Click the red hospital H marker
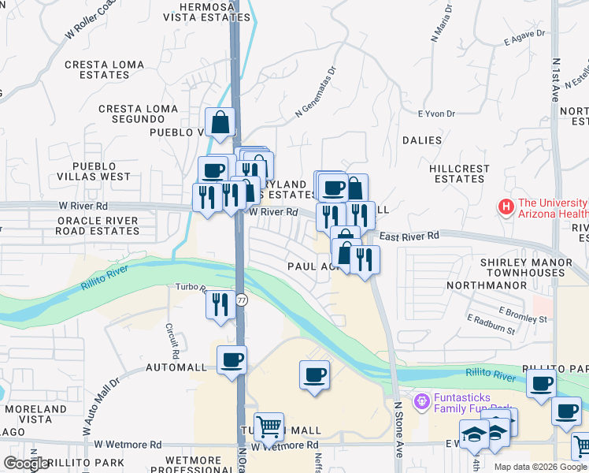(506, 207)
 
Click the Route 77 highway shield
(242, 300)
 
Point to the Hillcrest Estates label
(458, 173)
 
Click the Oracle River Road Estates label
(98, 225)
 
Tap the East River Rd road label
(409, 236)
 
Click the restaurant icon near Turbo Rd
(220, 304)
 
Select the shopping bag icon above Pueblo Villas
(220, 121)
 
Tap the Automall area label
(176, 368)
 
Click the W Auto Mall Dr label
(100, 407)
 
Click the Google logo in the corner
(27, 464)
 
